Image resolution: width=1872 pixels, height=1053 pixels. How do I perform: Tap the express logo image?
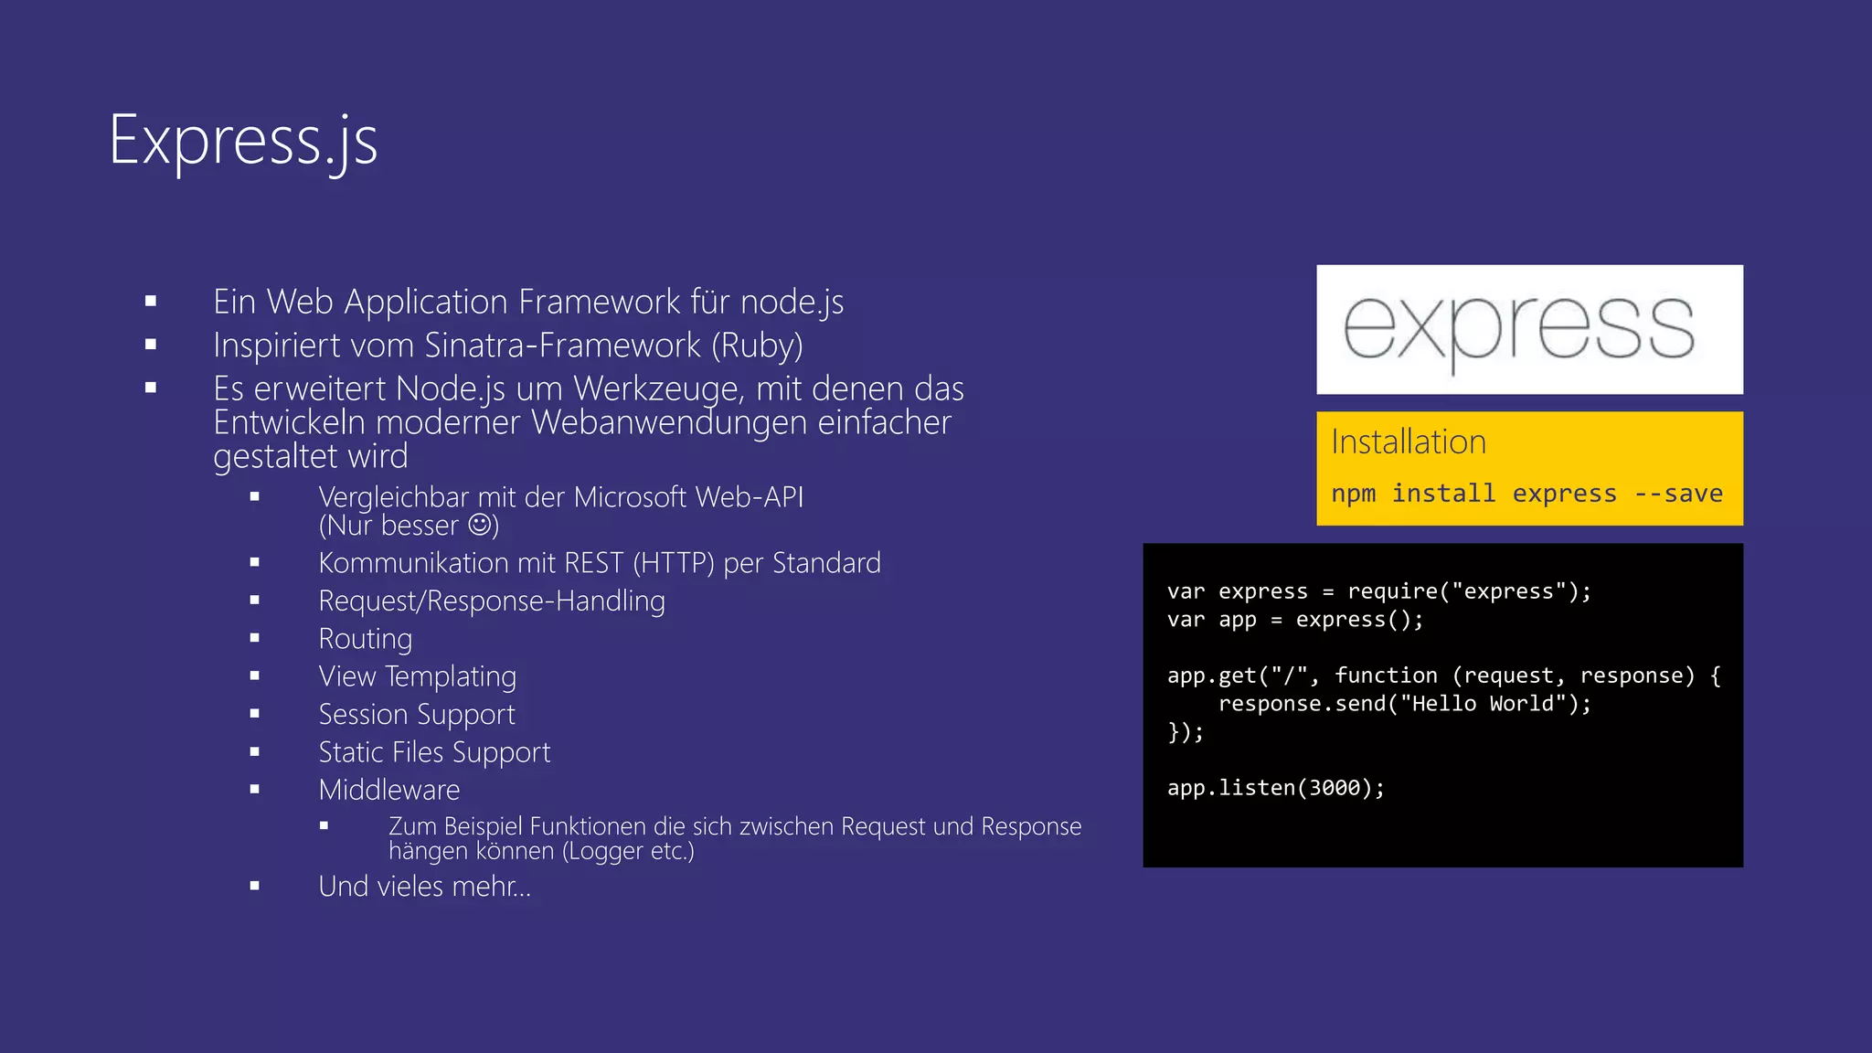(1528, 329)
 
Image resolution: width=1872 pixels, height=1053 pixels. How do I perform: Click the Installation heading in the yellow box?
(1408, 442)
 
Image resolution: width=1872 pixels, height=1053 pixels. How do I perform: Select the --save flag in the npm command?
(1678, 494)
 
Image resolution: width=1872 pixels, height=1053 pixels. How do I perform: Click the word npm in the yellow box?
(1353, 494)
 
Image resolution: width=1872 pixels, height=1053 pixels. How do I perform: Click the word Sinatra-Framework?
(563, 346)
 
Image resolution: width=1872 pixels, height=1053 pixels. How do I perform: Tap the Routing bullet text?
(365, 639)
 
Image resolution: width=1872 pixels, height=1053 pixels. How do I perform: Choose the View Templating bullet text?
(417, 676)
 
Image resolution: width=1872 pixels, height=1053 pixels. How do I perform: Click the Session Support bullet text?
(416, 714)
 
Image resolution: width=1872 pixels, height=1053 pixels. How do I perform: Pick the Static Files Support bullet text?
(434, 752)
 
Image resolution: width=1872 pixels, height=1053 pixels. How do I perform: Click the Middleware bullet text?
(388, 790)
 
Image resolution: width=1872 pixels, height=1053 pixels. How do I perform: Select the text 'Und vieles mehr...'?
(424, 887)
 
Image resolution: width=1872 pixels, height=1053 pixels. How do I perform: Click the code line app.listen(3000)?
(1275, 788)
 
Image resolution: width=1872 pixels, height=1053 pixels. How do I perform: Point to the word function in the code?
(1386, 675)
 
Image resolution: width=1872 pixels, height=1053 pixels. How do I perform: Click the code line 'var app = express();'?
(1294, 620)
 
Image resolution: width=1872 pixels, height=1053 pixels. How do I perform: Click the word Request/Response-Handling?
(491, 601)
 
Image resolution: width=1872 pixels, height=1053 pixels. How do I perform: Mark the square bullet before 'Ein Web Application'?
(151, 301)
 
